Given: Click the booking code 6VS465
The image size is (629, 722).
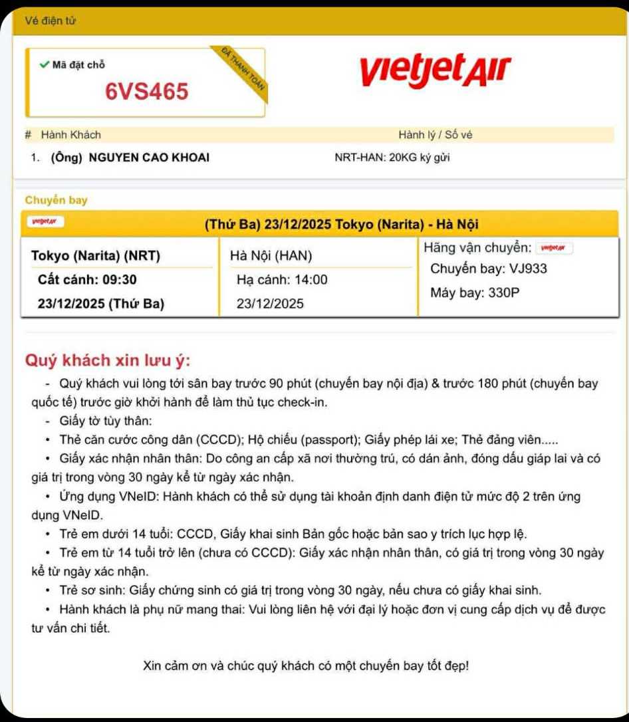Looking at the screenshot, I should click(147, 91).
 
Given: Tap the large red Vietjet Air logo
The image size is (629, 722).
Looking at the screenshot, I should click(436, 72).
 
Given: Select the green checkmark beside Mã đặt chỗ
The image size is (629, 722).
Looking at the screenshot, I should click(44, 64).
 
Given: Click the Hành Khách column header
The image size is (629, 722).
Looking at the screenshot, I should click(70, 135).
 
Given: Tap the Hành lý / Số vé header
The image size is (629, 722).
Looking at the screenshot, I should click(436, 135).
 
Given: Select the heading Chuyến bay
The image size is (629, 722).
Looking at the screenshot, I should click(56, 200).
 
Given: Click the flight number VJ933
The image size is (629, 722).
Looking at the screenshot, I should click(528, 269).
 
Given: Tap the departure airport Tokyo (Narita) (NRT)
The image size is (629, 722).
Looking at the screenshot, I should click(96, 256).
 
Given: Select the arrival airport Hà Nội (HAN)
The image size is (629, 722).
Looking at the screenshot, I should click(271, 256).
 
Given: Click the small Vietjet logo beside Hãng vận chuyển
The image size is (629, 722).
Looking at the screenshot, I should click(554, 248).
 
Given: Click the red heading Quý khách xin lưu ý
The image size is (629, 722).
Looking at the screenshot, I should click(108, 360).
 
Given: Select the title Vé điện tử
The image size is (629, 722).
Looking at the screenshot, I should click(51, 21).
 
